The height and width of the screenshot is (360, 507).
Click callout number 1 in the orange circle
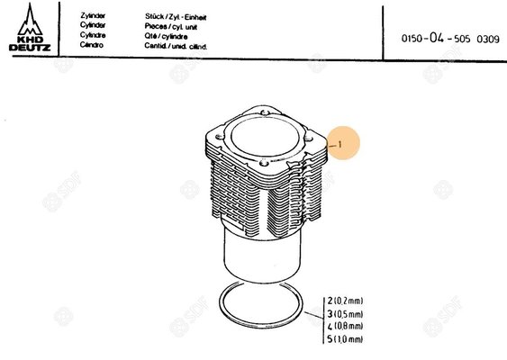[341, 143]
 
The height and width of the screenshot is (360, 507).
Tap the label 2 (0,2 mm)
[344, 300]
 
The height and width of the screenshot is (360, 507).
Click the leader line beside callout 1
[330, 144]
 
